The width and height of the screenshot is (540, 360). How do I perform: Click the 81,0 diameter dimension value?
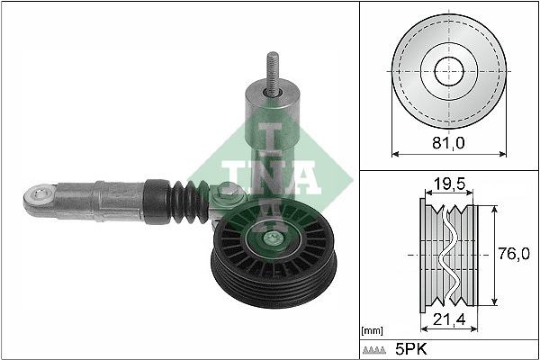click(x=446, y=141)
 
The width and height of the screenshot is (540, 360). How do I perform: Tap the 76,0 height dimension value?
click(x=513, y=255)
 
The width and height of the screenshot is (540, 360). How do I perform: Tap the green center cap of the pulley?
click(x=269, y=239)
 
